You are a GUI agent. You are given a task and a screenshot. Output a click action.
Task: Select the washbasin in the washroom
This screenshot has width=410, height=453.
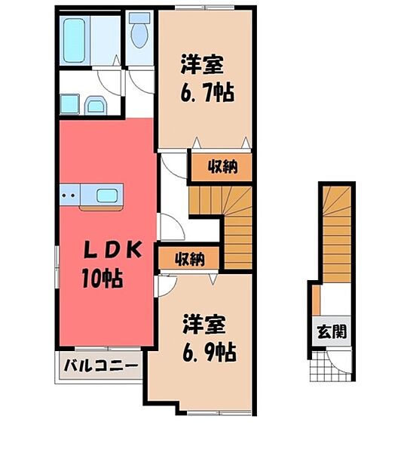[x=95, y=104]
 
